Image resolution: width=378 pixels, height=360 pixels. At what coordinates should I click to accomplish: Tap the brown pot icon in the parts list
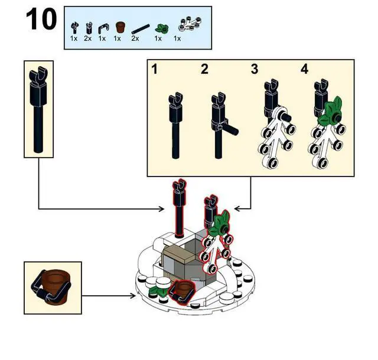119,27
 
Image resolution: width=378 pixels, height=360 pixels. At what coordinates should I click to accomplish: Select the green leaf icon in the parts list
158,27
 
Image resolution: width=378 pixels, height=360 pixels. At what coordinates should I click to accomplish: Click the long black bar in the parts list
137,28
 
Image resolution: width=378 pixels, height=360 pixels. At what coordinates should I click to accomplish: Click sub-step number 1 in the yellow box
155,70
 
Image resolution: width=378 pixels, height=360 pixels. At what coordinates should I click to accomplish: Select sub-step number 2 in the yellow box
204,70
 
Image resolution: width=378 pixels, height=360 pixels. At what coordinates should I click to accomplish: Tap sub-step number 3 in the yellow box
255,70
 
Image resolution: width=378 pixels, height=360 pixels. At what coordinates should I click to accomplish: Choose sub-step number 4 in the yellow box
304,70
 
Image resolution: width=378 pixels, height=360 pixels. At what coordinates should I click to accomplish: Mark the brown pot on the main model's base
184,290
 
